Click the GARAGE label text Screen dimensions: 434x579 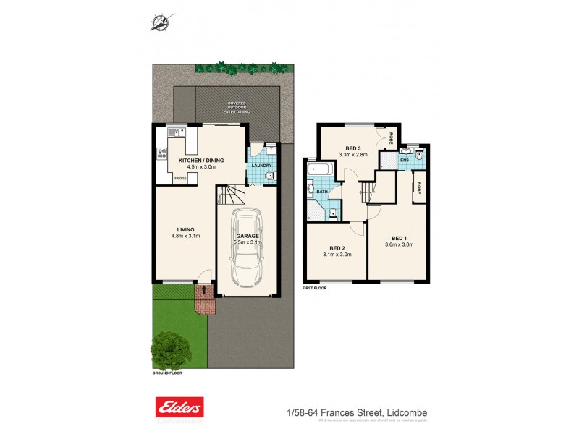[x=248, y=236]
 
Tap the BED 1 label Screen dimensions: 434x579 [x=399, y=238]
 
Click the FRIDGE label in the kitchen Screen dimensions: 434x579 [x=180, y=179]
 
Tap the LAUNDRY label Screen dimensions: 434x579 [x=261, y=166]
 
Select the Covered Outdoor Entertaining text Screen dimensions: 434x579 [x=237, y=108]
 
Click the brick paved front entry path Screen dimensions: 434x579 [x=205, y=299]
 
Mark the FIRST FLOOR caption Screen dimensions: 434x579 [x=315, y=288]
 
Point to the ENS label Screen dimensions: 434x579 [x=405, y=160]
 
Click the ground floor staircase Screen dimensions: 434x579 [x=232, y=194]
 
